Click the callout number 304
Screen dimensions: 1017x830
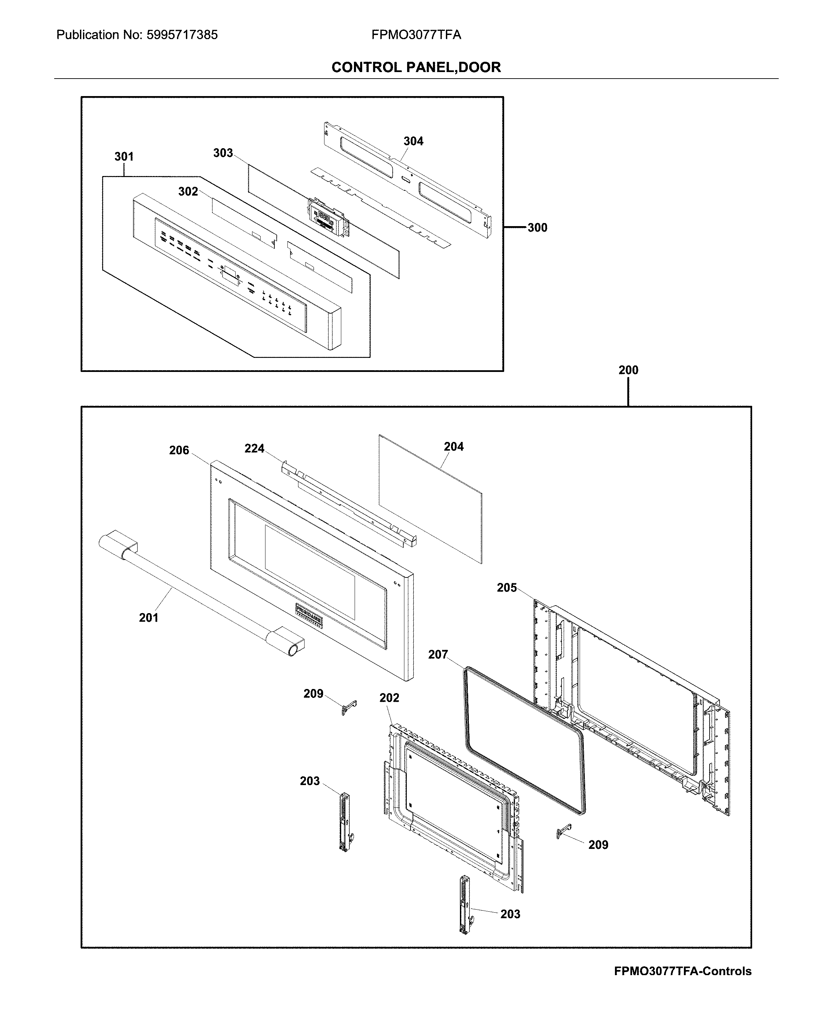(x=413, y=141)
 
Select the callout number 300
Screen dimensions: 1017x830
(x=537, y=228)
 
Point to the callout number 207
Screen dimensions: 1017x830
(x=438, y=654)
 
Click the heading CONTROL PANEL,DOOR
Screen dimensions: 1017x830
(x=416, y=68)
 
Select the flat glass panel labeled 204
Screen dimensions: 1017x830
(x=430, y=500)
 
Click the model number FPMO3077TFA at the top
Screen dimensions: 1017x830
(x=416, y=35)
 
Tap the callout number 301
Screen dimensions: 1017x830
(x=124, y=156)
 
